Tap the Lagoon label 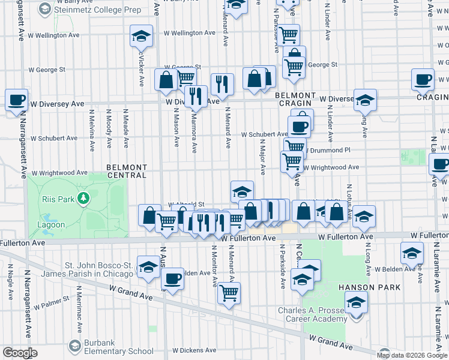[52, 225]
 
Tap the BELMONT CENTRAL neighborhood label [127, 171]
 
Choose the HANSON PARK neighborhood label [365, 287]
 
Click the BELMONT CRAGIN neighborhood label [295, 99]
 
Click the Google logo [20, 353]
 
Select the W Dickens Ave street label [193, 350]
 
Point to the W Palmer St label [50, 305]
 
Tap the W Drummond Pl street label [327, 150]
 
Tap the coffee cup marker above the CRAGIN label [423, 79]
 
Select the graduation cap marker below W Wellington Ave [141, 35]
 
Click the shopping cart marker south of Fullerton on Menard [229, 293]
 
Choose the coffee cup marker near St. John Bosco [172, 279]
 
